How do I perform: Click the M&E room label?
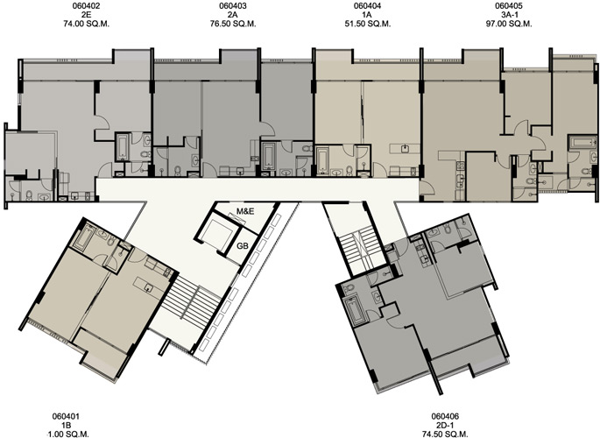tap(245, 211)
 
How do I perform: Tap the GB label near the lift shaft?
tap(243, 246)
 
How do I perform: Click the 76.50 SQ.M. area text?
tap(233, 24)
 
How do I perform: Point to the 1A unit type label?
tap(367, 15)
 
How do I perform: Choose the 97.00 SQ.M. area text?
tap(509, 24)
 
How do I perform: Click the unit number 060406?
tap(445, 417)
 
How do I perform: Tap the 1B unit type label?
tap(66, 426)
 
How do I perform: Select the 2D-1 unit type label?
tap(445, 426)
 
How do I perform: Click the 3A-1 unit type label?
tap(509, 15)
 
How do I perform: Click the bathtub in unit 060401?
tap(84, 237)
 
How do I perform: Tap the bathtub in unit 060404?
tap(323, 160)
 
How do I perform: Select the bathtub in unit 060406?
tap(356, 310)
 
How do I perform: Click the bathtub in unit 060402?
tap(123, 147)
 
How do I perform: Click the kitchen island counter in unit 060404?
tap(405, 148)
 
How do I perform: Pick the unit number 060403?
tap(233, 6)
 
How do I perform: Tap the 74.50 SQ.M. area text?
tap(445, 434)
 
